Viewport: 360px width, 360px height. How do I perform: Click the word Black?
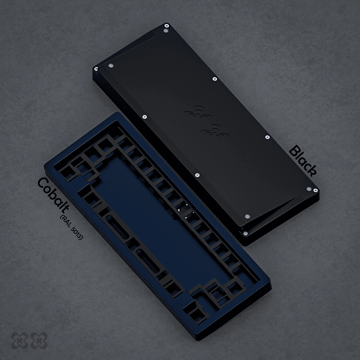[x=303, y=161]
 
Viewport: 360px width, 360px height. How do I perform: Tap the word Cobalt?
[x=53, y=196]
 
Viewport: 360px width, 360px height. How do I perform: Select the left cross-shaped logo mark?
[x=19, y=341]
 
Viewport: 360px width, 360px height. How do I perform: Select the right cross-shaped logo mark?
[x=39, y=341]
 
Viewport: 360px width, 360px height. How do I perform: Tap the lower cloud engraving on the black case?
[x=215, y=131]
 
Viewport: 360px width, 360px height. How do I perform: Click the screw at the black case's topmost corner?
[x=167, y=25]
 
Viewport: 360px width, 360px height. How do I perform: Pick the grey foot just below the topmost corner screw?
[x=166, y=31]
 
